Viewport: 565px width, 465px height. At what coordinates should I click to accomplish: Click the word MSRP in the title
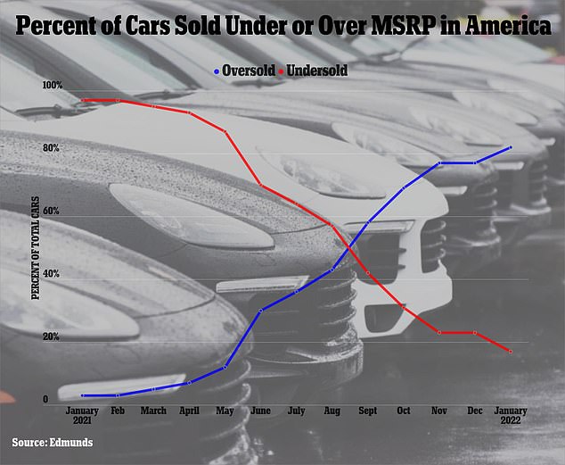[x=379, y=28]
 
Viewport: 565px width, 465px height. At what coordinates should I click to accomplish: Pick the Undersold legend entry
[x=314, y=68]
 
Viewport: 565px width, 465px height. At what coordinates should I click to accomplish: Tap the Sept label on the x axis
[x=368, y=412]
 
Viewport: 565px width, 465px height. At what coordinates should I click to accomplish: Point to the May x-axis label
[x=225, y=412]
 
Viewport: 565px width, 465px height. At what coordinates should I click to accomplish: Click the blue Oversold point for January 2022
[x=511, y=147]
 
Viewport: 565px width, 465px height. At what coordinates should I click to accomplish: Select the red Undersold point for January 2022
[x=511, y=352]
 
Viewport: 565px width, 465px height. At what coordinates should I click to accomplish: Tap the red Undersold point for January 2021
[x=83, y=100]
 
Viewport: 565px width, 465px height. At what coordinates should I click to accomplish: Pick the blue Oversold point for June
[x=260, y=311]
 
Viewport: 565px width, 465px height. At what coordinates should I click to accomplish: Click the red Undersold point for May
[x=225, y=132]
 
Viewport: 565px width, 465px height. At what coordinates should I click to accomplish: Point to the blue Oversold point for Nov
[x=439, y=163]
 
